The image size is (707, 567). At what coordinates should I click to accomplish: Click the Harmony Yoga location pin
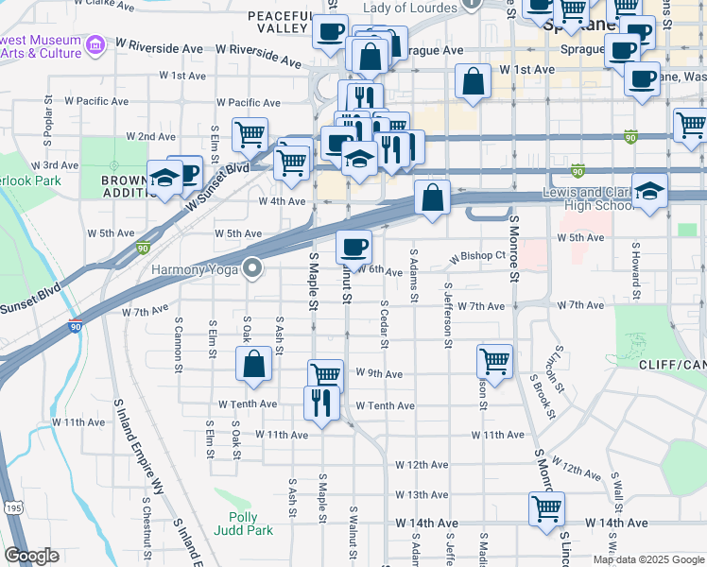click(252, 269)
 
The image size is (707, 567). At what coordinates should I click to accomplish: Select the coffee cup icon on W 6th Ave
click(353, 248)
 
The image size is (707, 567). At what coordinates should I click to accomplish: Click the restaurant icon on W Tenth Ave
click(321, 404)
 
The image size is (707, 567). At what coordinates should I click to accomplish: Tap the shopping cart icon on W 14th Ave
click(547, 508)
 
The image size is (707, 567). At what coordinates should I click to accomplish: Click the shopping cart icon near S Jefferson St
click(495, 360)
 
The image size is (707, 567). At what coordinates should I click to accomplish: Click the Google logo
click(31, 556)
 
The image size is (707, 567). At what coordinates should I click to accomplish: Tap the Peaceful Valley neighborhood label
click(279, 23)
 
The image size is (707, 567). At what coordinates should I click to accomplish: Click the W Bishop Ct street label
click(478, 256)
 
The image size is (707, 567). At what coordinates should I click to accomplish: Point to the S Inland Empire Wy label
click(138, 444)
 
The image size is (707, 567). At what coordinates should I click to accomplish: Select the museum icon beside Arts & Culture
click(94, 44)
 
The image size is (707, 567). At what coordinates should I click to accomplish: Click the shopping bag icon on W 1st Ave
click(473, 82)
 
